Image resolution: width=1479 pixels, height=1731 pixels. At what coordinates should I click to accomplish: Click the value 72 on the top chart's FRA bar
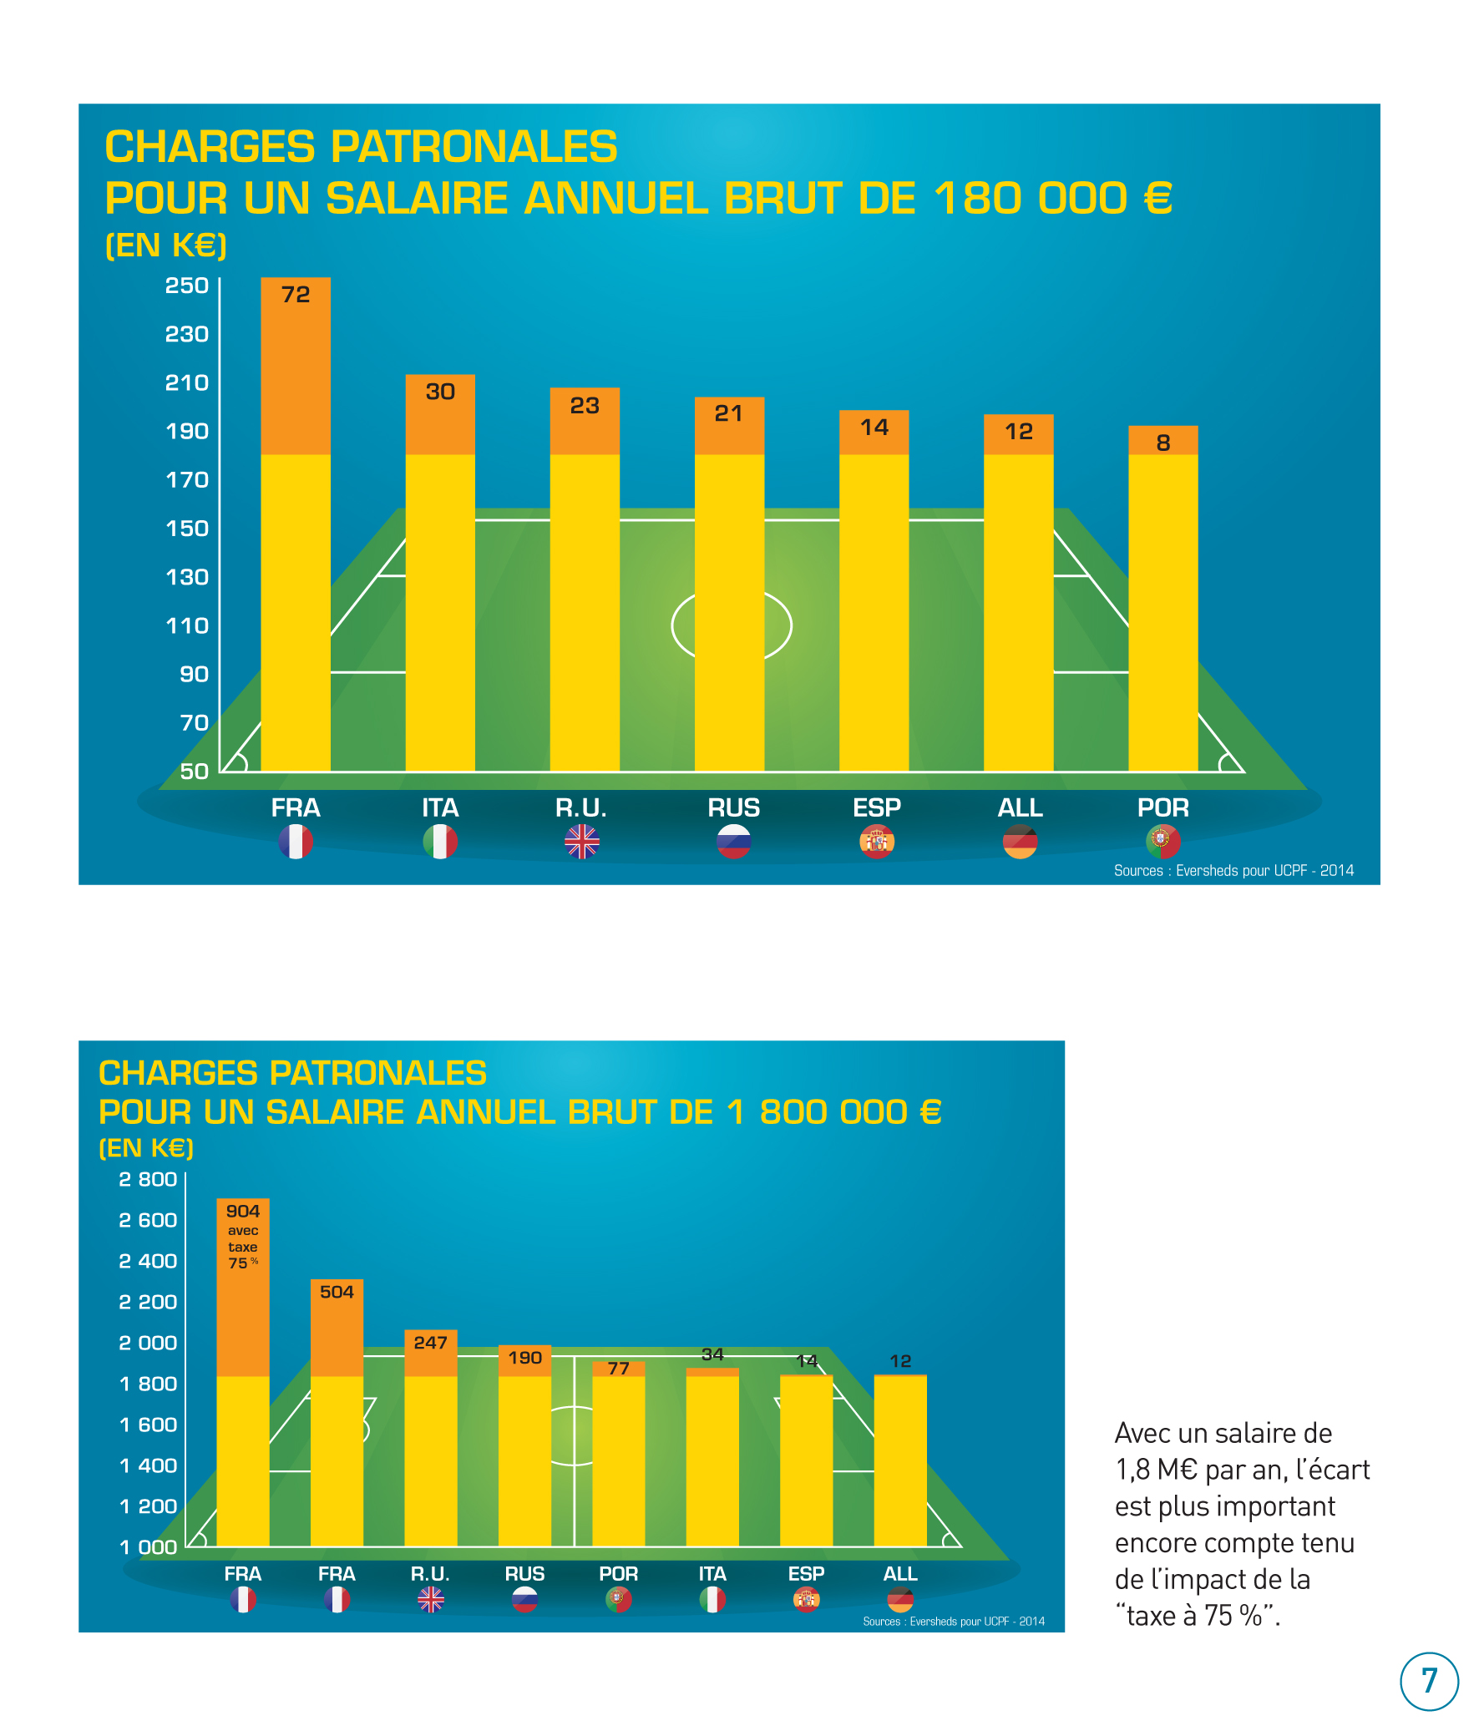click(x=296, y=295)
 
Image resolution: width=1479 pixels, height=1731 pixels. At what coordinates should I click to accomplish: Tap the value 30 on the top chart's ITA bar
click(x=440, y=392)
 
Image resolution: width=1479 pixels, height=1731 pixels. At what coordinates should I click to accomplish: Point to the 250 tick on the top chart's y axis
click(x=186, y=286)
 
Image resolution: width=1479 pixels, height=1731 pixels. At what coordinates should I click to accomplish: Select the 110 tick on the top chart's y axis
click(x=186, y=625)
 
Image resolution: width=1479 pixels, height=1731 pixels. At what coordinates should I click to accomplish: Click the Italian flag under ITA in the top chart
click(x=440, y=841)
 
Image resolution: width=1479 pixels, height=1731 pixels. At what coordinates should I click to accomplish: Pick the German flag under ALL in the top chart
click(x=1020, y=841)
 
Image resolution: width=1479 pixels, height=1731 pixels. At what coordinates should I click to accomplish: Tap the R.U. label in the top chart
click(x=581, y=807)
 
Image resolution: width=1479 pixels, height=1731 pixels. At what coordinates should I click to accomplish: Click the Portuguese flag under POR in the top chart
click(x=1163, y=841)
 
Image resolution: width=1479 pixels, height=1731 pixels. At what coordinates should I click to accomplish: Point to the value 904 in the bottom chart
click(x=243, y=1212)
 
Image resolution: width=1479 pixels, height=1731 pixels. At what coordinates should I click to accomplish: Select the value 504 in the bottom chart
click(x=337, y=1293)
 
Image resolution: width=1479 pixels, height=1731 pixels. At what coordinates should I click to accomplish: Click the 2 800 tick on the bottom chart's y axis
click(x=148, y=1180)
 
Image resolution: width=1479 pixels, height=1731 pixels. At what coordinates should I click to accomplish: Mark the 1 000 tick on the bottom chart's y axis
click(x=148, y=1547)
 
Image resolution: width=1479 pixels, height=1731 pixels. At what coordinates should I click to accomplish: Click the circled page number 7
click(x=1429, y=1681)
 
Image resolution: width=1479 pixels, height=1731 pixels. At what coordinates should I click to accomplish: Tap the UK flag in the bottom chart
click(x=431, y=1600)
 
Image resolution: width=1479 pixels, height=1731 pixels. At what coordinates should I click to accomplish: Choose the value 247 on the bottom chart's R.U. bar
click(x=430, y=1344)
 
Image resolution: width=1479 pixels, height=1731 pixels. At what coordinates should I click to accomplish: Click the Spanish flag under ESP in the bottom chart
click(x=807, y=1600)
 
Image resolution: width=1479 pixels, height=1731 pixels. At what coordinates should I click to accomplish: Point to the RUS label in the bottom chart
click(x=524, y=1574)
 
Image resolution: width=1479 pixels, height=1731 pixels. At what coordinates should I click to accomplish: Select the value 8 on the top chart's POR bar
click(x=1163, y=443)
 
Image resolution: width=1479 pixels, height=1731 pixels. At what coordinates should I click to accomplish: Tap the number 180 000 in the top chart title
click(x=1030, y=199)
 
